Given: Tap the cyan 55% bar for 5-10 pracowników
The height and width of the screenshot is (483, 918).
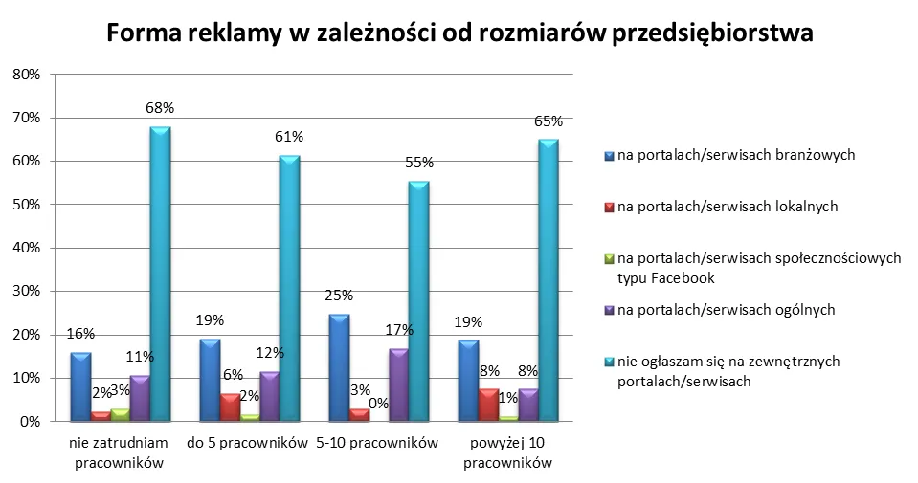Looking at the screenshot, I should click(x=417, y=302).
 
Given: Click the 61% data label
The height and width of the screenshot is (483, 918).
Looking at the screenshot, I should click(x=289, y=136).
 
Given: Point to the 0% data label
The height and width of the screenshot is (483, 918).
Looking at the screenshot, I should click(x=378, y=404).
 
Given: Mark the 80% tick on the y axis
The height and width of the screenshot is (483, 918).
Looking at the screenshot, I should click(x=25, y=75).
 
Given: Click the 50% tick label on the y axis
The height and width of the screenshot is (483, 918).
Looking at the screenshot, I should click(x=25, y=205).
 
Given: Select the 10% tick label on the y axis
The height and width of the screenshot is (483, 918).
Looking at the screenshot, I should click(x=25, y=378).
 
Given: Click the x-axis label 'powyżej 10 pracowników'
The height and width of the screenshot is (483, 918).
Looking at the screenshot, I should click(x=507, y=452).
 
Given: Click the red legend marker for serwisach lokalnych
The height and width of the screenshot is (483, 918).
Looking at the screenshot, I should click(x=609, y=206).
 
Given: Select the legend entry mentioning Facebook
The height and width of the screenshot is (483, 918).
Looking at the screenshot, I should click(x=746, y=267).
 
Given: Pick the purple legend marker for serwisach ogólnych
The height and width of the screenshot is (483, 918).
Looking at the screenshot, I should click(x=609, y=310).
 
